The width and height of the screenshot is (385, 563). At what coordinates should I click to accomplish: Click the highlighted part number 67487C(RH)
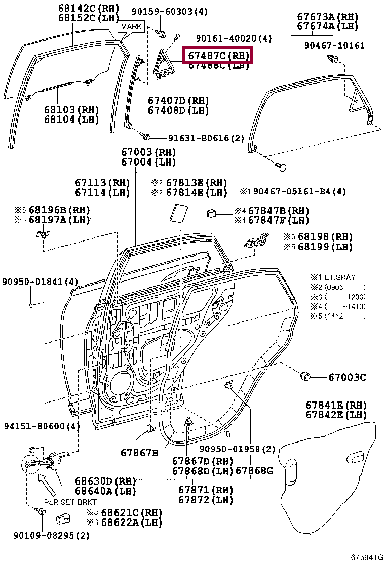click(218, 55)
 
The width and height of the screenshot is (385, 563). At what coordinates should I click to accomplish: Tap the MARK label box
click(131, 26)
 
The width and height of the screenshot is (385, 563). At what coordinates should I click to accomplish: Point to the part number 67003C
click(347, 377)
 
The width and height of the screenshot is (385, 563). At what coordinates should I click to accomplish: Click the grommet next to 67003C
click(305, 376)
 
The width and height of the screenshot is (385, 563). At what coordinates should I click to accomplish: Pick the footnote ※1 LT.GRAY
click(333, 277)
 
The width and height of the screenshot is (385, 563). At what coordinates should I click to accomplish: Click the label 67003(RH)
click(148, 152)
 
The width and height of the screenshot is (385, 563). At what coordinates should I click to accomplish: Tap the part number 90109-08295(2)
click(44, 536)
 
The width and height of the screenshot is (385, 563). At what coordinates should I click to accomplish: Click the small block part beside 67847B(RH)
click(211, 212)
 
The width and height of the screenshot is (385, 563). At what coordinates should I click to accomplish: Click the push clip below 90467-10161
click(333, 61)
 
